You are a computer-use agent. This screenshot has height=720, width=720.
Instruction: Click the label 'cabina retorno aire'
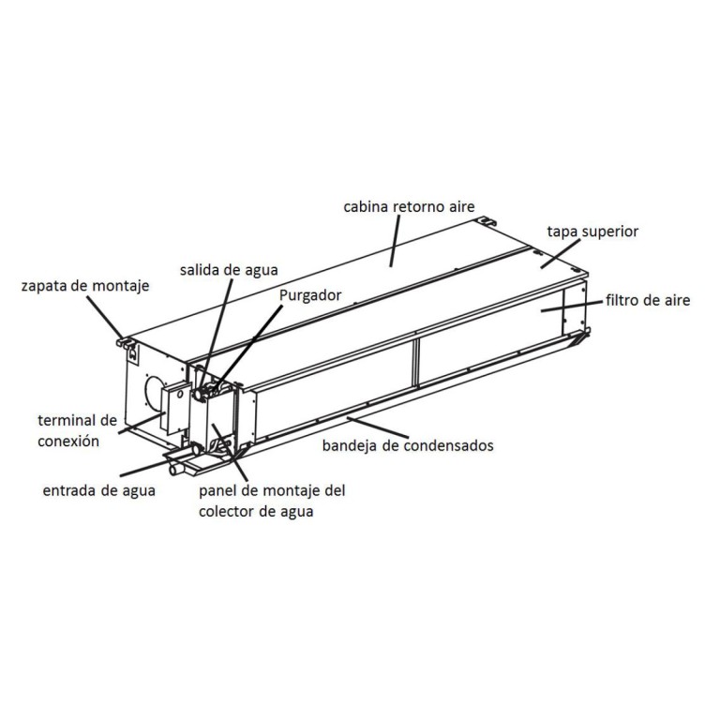(409, 206)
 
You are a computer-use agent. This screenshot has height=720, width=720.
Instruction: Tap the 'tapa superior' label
(592, 232)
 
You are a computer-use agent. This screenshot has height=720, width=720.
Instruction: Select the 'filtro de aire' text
(648, 300)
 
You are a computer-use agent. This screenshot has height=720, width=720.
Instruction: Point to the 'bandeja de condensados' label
(408, 445)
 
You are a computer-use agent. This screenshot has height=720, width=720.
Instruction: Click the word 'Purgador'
(310, 295)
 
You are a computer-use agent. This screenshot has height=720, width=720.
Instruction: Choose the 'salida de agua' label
(229, 270)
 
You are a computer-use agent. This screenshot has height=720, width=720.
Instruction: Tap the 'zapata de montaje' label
(85, 286)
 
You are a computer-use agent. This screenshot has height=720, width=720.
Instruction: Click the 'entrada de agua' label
(99, 490)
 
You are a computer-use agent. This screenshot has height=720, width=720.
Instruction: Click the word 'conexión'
(68, 441)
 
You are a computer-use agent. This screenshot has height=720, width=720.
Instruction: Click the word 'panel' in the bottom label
(218, 491)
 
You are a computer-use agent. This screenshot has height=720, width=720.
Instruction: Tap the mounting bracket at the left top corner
(127, 342)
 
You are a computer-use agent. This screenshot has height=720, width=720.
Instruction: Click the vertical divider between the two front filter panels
(416, 363)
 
